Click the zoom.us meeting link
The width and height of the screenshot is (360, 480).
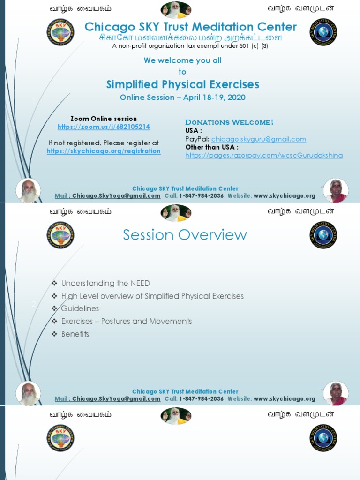coord(104,127)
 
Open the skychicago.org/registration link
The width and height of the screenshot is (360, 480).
coord(104,151)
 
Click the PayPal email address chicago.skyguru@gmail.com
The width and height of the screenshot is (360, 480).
coord(258,139)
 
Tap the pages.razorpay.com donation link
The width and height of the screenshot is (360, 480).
coord(264,155)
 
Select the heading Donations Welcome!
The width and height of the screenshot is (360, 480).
coord(229,122)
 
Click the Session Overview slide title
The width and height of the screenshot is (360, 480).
coord(185,235)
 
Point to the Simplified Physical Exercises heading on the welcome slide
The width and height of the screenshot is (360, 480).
coord(182,84)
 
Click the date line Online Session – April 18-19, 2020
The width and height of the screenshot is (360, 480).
coord(182,97)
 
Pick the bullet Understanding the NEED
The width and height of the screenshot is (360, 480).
coord(105,283)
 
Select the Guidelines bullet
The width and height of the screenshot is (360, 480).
coord(80,308)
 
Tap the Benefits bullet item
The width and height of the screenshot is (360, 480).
coord(75,334)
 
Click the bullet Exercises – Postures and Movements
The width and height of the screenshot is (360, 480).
coord(127,321)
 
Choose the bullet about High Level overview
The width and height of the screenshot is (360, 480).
coord(152,296)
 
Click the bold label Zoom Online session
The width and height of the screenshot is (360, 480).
coord(104,119)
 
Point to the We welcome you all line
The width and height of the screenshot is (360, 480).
coord(182,60)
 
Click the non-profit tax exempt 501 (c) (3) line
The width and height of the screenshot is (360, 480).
coord(190,46)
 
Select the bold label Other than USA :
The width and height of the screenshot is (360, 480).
coord(212,147)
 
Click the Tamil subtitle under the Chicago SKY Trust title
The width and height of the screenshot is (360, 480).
coord(190,37)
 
